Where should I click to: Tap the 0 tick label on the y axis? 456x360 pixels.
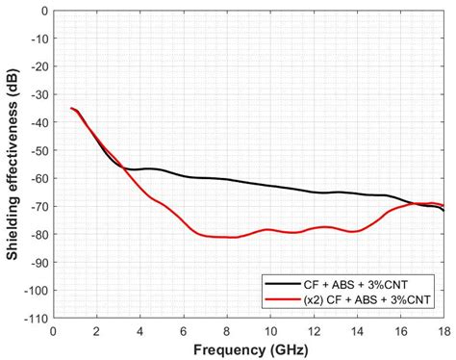(x=44, y=13)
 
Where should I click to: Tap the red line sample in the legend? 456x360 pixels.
(x=280, y=301)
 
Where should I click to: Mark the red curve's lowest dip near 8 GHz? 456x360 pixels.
(x=231, y=237)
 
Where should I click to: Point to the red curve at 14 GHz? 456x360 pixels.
(x=356, y=231)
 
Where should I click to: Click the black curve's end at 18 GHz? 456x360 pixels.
(x=443, y=209)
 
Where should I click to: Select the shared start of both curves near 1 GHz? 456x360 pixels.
(x=71, y=109)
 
